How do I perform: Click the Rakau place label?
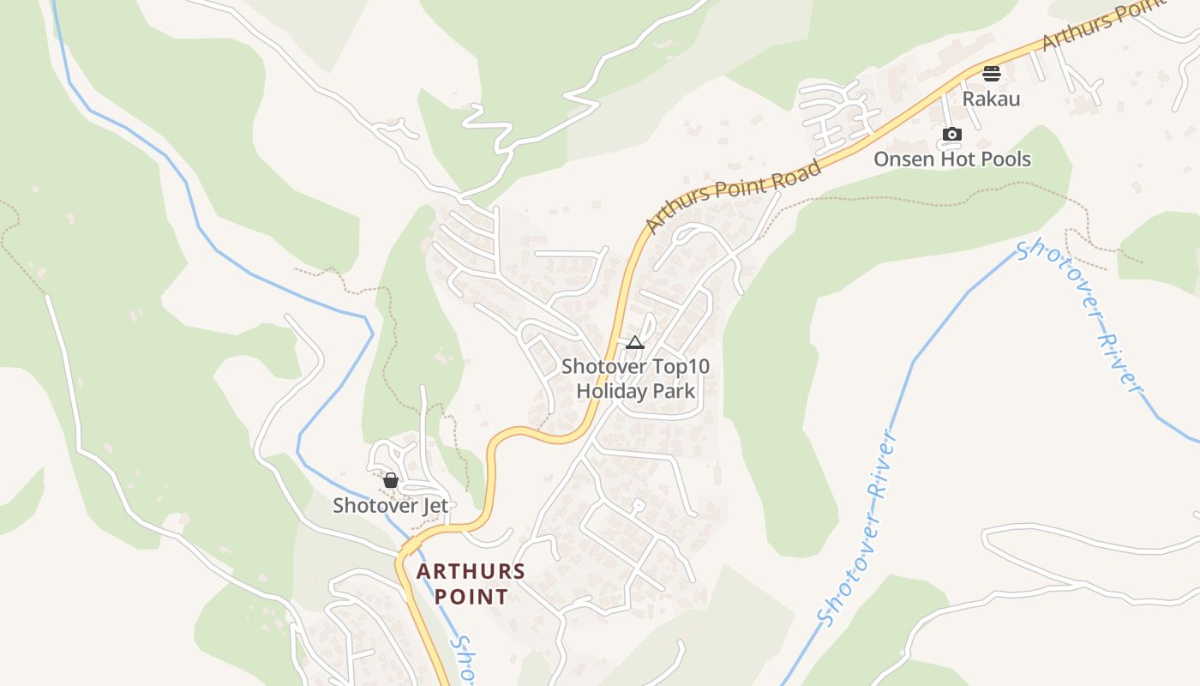pyautogui.click(x=991, y=99)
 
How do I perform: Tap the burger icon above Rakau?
pyautogui.click(x=992, y=74)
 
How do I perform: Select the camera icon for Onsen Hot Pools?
pyautogui.click(x=951, y=135)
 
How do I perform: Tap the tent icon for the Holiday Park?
pyautogui.click(x=634, y=343)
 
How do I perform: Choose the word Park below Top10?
pyautogui.click(x=675, y=391)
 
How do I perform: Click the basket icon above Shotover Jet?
pyautogui.click(x=391, y=480)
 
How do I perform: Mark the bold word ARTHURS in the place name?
pyautogui.click(x=471, y=572)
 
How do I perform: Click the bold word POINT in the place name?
pyautogui.click(x=471, y=597)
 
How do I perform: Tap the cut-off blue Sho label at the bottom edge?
pyautogui.click(x=463, y=660)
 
